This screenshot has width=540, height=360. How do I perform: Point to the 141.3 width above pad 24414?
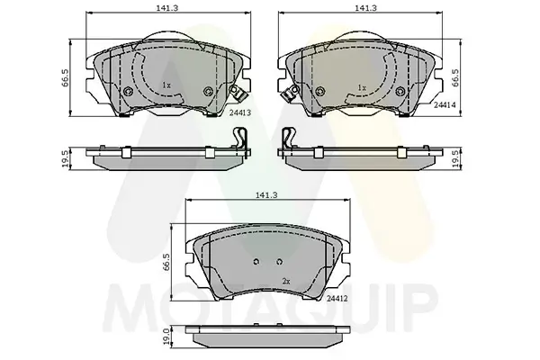[364, 7]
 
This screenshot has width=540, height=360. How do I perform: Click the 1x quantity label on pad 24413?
[166, 85]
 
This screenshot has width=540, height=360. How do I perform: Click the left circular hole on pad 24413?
[128, 92]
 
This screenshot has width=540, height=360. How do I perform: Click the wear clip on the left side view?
[239, 139]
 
